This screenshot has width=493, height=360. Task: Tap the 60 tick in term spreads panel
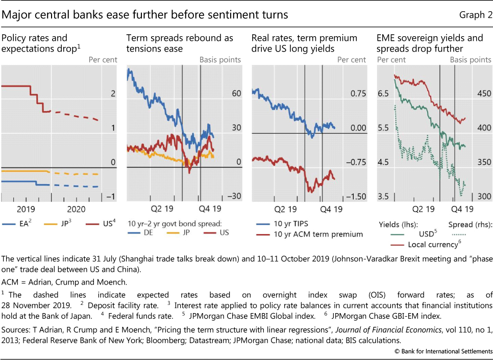235,94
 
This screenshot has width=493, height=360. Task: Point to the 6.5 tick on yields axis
383,94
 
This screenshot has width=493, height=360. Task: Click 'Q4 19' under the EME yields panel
461,209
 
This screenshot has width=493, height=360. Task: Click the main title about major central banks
145,15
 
